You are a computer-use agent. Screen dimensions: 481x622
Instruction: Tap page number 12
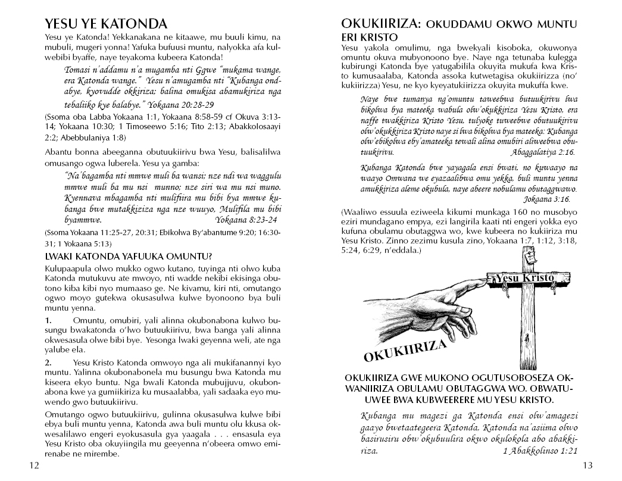[x=34, y=466]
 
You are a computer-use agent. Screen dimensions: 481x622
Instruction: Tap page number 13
[x=588, y=466]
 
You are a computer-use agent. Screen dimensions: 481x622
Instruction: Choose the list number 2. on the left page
[x=49, y=362]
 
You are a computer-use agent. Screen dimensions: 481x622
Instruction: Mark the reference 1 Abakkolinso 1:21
[x=540, y=451]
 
